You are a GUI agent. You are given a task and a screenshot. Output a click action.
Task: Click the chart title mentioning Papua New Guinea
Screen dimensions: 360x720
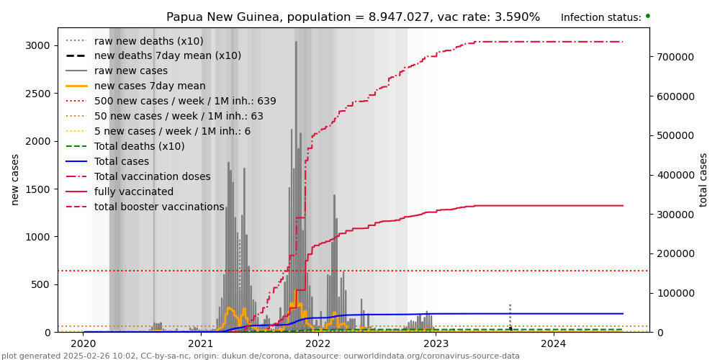point(353,17)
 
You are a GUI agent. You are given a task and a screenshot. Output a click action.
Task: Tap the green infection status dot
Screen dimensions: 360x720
point(647,16)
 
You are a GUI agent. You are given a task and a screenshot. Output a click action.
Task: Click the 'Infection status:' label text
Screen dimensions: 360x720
point(600,18)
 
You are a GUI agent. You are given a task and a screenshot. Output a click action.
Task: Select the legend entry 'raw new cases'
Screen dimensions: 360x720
point(130,71)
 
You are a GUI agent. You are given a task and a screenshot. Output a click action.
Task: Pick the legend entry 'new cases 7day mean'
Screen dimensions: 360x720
point(150,86)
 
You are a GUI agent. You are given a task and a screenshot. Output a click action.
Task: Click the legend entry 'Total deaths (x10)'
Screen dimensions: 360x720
point(139,147)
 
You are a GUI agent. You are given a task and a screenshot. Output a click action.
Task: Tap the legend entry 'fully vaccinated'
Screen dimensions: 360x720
point(134,192)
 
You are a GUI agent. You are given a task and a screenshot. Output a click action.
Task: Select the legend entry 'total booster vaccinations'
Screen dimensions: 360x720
point(159,207)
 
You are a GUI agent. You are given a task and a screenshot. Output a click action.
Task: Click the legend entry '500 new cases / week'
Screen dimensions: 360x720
point(185,102)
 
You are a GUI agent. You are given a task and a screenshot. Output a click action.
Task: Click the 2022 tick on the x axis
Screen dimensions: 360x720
point(318,343)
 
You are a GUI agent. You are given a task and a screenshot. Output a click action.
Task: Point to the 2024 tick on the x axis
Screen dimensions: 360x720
point(554,343)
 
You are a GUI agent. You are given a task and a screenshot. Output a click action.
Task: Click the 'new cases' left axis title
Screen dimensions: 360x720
point(15,179)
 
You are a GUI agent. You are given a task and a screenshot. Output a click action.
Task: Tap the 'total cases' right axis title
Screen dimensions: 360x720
point(703,179)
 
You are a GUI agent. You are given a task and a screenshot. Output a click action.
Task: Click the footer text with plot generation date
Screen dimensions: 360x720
point(260,356)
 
